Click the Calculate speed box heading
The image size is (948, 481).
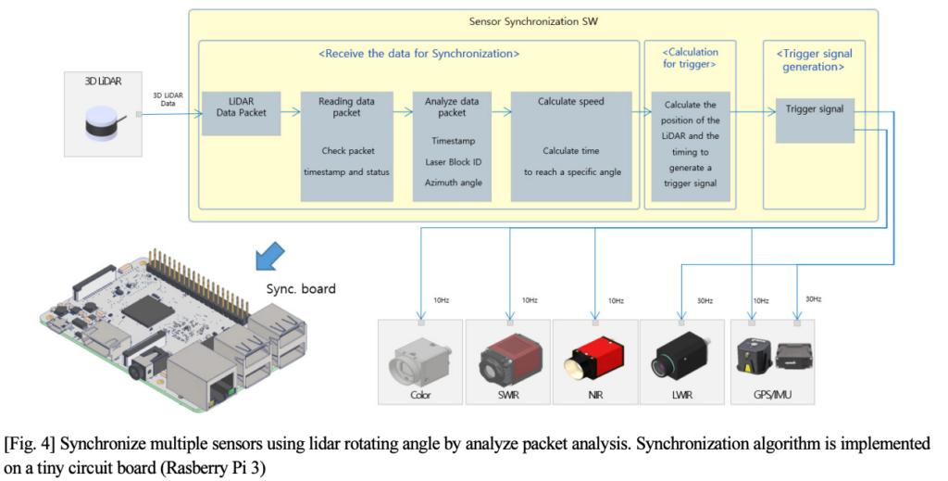[570, 101]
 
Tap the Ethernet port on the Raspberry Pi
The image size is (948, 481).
[195, 374]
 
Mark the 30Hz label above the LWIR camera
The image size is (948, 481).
[705, 299]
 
